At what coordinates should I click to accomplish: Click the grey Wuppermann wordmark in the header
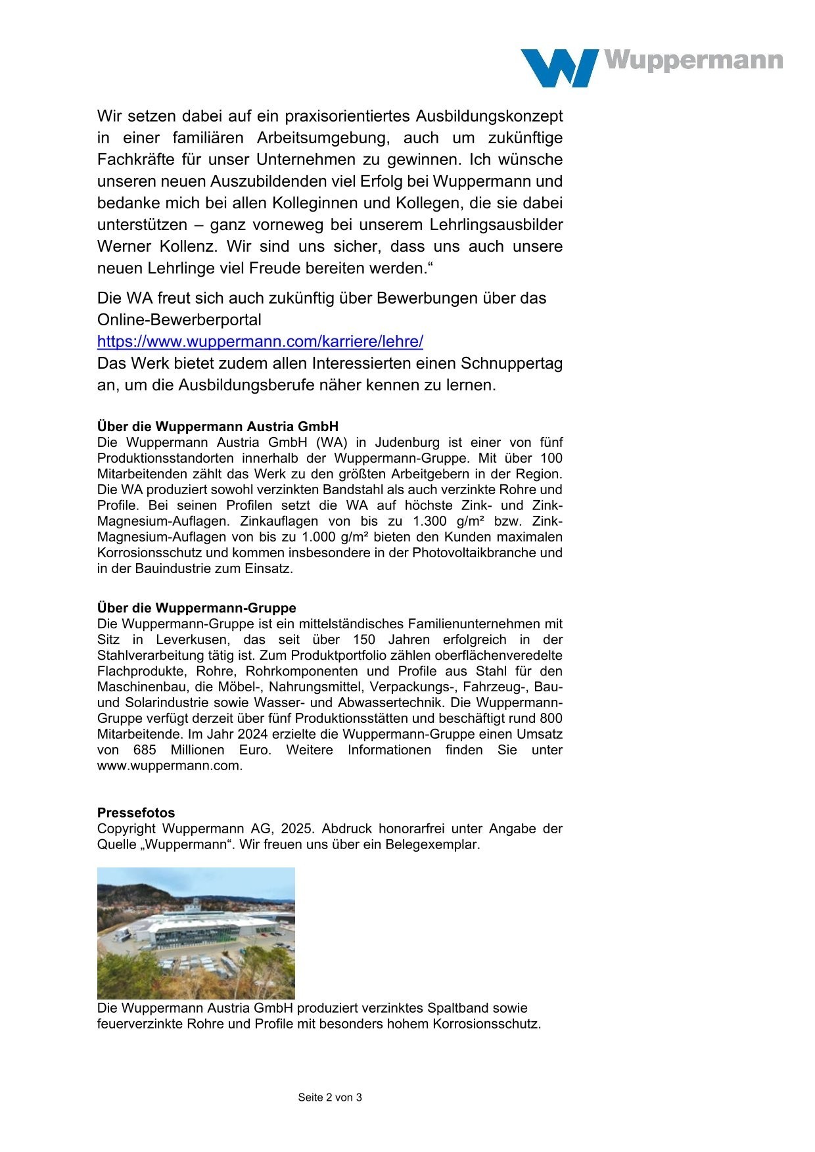point(693,61)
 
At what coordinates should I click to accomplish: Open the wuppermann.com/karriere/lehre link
point(260,342)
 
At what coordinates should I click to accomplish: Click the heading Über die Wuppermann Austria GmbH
point(218,426)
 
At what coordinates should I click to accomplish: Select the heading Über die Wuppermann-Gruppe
point(197,608)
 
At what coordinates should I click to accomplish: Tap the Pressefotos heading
point(136,813)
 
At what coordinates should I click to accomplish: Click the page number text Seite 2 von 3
point(330,1097)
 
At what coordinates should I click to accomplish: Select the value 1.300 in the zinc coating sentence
point(430,521)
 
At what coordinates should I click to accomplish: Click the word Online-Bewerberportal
point(179,320)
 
